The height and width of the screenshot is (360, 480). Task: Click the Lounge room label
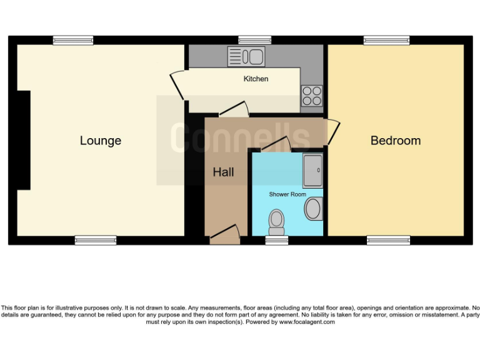[100, 141]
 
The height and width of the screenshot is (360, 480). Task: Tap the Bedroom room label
[396, 141]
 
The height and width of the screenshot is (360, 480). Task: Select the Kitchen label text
[256, 79]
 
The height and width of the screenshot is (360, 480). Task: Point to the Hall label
[223, 172]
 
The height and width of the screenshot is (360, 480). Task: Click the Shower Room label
[287, 194]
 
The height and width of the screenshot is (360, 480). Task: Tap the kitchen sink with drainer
[247, 57]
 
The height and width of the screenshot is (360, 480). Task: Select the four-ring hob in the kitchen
[312, 95]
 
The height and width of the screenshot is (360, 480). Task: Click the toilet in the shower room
[276, 221]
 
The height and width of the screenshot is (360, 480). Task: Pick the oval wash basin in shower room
[314, 208]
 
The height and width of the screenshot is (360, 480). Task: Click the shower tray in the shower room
[313, 171]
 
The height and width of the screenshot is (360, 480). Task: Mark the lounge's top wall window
[72, 40]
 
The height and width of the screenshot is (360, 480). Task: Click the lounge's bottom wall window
[96, 240]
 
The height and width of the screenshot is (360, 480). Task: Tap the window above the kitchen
[255, 40]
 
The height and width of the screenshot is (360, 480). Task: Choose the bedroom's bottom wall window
[388, 240]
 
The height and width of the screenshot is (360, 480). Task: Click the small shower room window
[276, 240]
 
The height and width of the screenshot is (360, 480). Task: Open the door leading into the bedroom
[332, 131]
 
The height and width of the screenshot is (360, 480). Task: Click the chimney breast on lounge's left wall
[24, 140]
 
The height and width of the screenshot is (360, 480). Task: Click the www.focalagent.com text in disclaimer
[307, 322]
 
